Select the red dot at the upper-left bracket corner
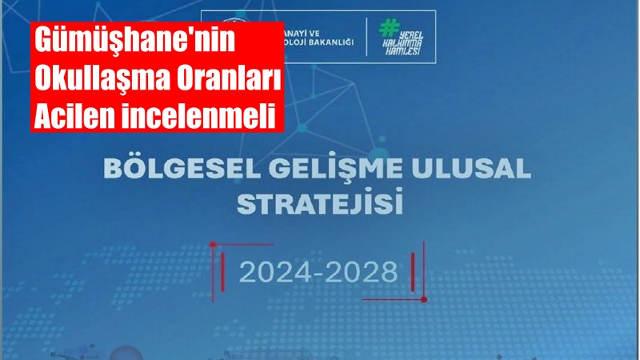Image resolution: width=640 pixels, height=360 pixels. (x=213, y=243)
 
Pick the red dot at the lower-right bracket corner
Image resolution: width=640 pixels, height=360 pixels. (x=424, y=299)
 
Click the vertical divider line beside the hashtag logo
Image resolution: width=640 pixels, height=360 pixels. (x=367, y=36)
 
